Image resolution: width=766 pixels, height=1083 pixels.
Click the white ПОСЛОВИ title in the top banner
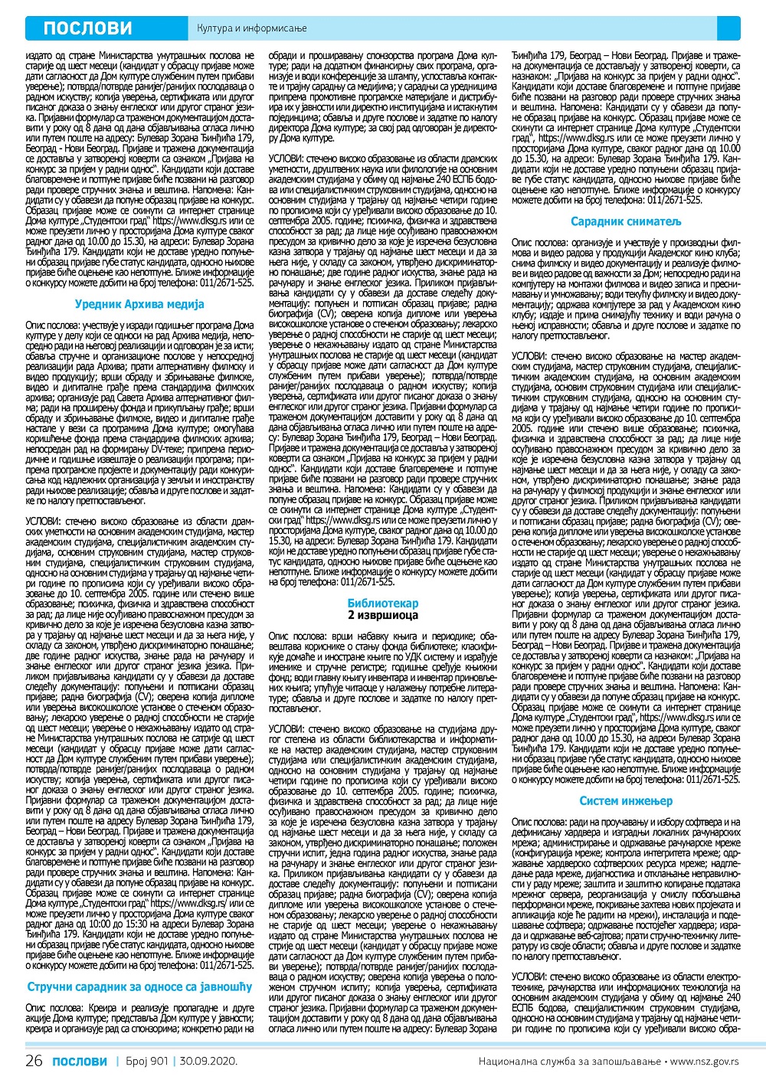pos(87,28)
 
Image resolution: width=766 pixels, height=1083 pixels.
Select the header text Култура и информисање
pos(252,29)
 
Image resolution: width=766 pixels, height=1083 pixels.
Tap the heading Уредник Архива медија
pos(139,304)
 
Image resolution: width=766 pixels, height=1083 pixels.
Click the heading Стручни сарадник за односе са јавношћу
pos(139,986)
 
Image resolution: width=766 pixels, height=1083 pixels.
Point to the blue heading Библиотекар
pos(383,604)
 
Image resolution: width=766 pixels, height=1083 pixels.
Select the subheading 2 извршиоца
pos(383,615)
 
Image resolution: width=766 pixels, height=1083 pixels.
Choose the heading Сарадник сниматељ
pos(626,221)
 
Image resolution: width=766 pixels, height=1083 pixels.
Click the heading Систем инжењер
pos(626,801)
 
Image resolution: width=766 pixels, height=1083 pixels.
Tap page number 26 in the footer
pos(34,1061)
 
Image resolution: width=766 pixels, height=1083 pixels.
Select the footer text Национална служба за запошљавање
pos(571,1062)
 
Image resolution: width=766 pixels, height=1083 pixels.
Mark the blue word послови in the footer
pos(80,1061)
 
